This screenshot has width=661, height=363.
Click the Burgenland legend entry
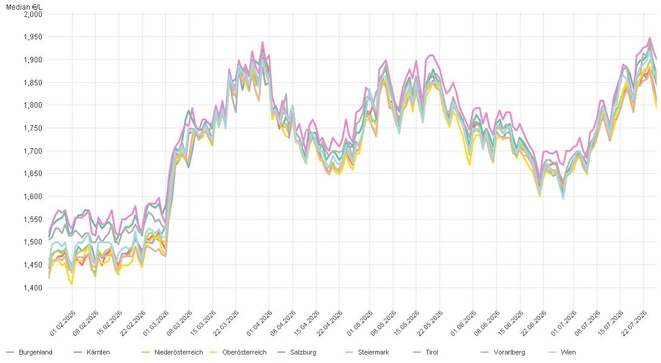pos(30,352)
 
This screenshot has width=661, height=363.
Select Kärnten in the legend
pos(92,352)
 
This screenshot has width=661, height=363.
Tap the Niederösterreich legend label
pos(173,352)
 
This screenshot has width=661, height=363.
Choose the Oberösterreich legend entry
pos(238,352)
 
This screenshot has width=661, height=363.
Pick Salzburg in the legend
pos(297,352)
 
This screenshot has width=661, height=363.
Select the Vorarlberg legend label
pos(504,352)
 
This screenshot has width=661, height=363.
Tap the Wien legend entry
pos(562,352)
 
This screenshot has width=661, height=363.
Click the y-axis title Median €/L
pos(24,7)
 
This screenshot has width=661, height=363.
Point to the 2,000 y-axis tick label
pos(33,15)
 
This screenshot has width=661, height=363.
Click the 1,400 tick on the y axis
pos(33,287)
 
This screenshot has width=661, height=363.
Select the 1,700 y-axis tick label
pos(33,151)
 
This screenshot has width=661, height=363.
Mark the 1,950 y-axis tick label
pos(33,37)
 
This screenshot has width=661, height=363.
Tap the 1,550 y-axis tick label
pos(33,220)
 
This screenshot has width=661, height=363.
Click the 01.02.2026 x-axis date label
pos(62,324)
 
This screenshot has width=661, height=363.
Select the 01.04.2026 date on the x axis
pos(259,324)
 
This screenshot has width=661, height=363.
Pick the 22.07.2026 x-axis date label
pos(634,324)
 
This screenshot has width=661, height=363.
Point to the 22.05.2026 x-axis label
pos(430,324)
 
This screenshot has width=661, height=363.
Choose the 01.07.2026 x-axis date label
pos(564,324)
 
